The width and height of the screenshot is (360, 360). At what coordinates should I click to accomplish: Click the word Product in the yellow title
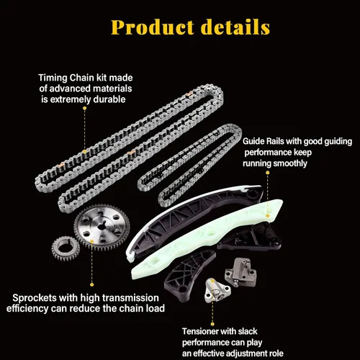tap(152, 27)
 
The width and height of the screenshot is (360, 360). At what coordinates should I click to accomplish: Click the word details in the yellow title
tap(235, 27)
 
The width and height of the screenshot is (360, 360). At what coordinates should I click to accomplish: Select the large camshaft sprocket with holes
tap(102, 228)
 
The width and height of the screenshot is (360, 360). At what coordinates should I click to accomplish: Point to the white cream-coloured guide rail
tap(207, 239)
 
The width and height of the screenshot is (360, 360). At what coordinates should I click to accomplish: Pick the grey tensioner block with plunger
tap(240, 272)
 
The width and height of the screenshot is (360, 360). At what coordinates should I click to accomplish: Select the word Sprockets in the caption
tap(35, 298)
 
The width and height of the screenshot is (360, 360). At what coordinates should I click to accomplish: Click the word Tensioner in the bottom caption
tap(199, 331)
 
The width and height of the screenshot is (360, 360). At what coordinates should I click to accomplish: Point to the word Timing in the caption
tap(53, 78)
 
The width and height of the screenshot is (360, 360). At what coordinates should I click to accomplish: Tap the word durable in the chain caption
tap(109, 99)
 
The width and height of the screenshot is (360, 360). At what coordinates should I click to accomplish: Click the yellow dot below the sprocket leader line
tap(91, 285)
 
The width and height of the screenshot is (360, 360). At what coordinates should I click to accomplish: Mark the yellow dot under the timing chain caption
tap(84, 108)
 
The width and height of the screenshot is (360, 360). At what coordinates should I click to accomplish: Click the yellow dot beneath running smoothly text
tap(268, 173)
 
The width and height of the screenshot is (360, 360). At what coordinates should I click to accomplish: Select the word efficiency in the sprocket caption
tap(27, 309)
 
